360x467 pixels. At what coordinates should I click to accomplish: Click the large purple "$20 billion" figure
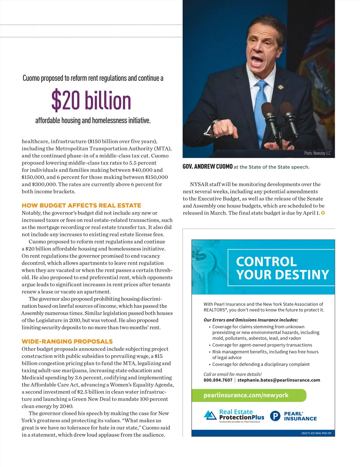(x=91, y=100)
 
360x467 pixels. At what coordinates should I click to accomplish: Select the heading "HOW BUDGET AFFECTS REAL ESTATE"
(x=81, y=205)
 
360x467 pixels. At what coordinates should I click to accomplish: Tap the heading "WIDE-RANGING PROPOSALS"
(x=67, y=341)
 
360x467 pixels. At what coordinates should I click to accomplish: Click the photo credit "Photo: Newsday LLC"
(x=317, y=153)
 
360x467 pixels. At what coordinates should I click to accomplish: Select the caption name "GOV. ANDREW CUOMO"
(x=208, y=167)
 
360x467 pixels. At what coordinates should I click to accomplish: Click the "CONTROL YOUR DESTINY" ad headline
(x=282, y=268)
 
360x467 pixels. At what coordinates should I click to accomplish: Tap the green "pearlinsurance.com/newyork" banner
(x=249, y=395)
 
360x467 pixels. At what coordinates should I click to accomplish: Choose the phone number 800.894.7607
(x=218, y=380)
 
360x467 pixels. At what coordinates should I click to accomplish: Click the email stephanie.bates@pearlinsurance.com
(x=279, y=380)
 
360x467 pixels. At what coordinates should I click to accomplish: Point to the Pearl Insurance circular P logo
(x=275, y=416)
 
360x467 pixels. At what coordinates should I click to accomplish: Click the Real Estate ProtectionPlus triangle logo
(x=210, y=415)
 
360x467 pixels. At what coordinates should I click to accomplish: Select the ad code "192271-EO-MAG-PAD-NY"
(x=316, y=433)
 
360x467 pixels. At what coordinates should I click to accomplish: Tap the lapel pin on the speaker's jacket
(x=280, y=87)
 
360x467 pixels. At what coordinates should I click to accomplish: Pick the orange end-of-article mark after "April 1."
(x=323, y=213)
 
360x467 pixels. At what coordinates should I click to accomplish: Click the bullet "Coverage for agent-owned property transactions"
(x=262, y=345)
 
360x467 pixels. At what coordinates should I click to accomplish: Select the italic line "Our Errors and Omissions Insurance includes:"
(x=251, y=320)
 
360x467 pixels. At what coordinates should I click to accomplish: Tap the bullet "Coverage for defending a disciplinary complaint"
(x=261, y=364)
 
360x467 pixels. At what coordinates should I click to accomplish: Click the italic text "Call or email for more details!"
(x=232, y=374)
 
